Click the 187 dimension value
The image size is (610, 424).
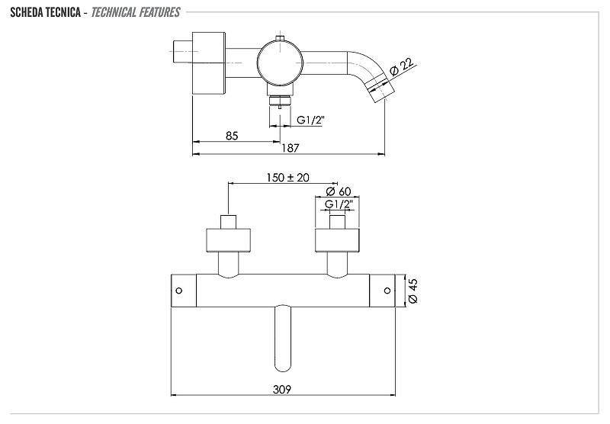(291, 148)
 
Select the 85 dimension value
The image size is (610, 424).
(232, 136)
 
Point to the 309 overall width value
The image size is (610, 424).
(281, 389)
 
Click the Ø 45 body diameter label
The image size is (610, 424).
(413, 291)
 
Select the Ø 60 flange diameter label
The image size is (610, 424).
(339, 191)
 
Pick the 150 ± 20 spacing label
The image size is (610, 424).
(288, 178)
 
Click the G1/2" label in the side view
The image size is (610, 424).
(310, 120)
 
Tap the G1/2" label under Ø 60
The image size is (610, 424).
(339, 204)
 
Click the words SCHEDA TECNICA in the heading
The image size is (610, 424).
(45, 12)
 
